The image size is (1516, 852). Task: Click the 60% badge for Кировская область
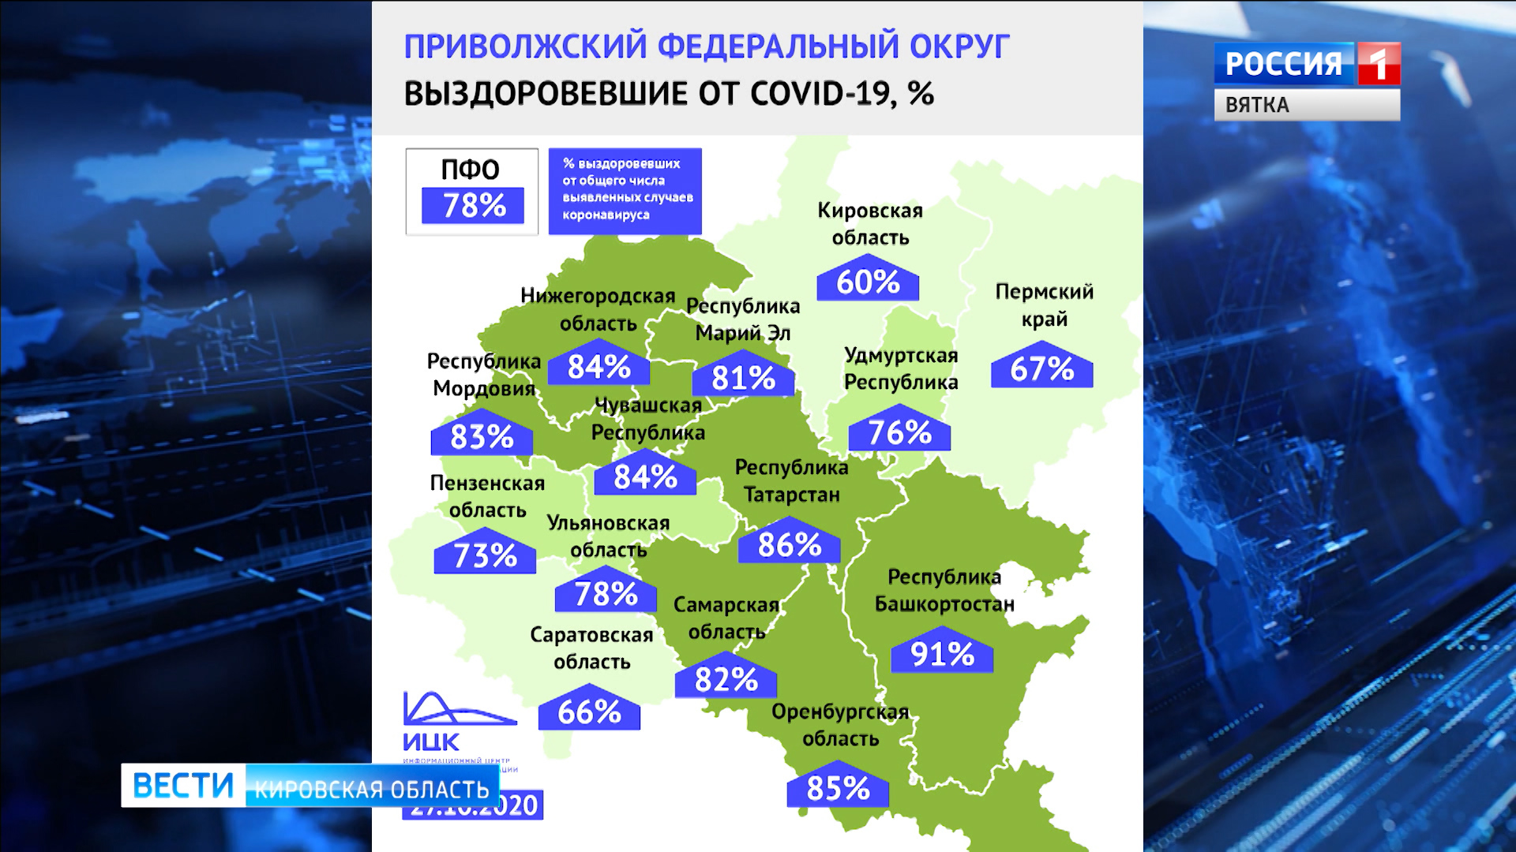[x=867, y=282]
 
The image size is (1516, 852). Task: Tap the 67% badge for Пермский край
[x=1041, y=369]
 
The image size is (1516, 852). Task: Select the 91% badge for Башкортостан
[x=941, y=654]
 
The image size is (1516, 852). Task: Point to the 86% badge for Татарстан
[x=789, y=544]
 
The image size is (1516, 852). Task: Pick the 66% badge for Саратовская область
[x=589, y=712]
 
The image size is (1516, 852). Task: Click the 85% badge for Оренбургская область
[x=838, y=788]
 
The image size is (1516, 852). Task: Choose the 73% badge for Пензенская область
[x=485, y=556]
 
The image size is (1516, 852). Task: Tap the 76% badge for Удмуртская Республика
[x=899, y=433]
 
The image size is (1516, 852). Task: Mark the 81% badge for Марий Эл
[x=743, y=379]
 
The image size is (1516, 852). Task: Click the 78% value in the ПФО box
[x=473, y=206]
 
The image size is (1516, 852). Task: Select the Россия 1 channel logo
[x=1307, y=64]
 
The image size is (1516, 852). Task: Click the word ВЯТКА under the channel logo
[x=1257, y=105]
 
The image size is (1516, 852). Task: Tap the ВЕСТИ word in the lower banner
[x=183, y=786]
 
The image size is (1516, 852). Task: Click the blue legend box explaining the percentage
[x=625, y=190]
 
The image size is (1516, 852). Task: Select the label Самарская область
[x=726, y=618]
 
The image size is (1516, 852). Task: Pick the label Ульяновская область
[x=608, y=536]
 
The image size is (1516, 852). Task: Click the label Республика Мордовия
[x=483, y=375]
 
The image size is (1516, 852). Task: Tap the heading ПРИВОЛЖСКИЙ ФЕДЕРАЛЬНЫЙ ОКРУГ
[x=707, y=47]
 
